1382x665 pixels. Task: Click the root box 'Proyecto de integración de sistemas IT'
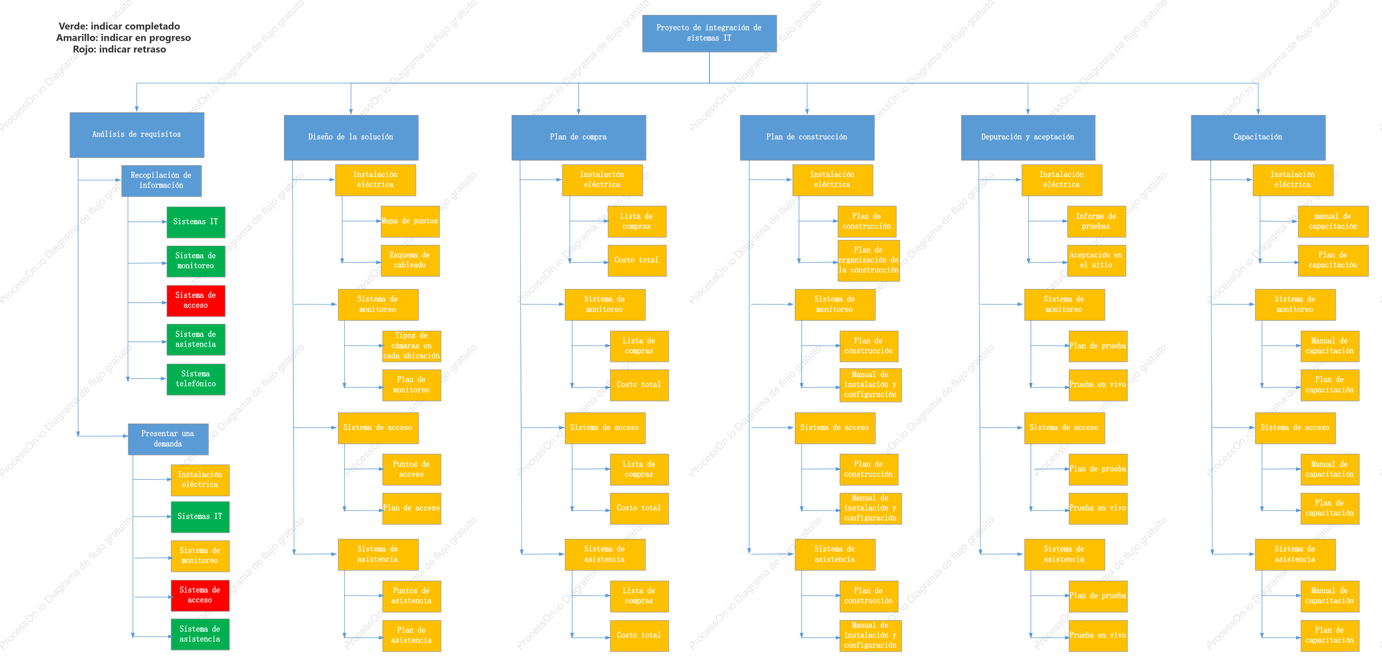(x=709, y=33)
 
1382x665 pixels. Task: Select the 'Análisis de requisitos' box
(x=137, y=135)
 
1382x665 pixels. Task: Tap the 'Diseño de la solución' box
(x=351, y=137)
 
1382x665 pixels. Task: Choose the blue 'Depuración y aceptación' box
(x=1028, y=137)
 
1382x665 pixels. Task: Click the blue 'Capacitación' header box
(x=1258, y=137)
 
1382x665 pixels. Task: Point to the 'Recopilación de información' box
(x=161, y=181)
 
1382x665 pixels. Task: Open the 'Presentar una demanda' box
(x=168, y=439)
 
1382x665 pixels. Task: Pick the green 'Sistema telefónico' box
(x=196, y=379)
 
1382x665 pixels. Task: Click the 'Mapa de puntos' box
(x=410, y=222)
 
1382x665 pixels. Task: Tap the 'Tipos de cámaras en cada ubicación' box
(x=412, y=346)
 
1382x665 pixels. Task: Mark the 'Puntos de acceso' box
(x=412, y=470)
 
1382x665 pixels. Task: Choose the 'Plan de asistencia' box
(x=412, y=636)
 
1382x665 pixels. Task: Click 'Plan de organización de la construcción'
(x=868, y=260)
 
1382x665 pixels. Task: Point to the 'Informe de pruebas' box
(x=1096, y=222)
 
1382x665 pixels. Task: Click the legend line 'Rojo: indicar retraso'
(x=120, y=49)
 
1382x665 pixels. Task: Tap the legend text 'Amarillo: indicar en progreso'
(x=123, y=38)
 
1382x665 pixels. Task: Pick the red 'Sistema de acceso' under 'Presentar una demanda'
(x=200, y=596)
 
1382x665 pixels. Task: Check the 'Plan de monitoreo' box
(x=412, y=385)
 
